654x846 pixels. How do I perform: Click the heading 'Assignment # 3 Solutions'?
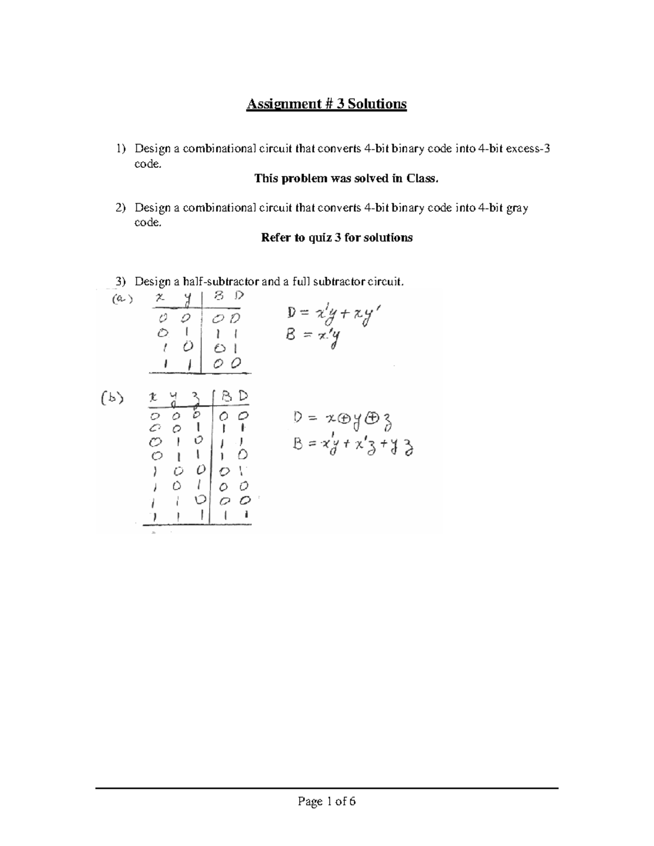[326, 104]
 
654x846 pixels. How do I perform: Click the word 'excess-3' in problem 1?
[528, 149]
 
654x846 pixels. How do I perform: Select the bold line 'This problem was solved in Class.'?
[346, 178]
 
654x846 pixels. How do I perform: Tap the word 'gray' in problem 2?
[517, 208]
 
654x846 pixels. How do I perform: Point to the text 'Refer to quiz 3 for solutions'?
[337, 238]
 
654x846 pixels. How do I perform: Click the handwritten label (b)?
[112, 398]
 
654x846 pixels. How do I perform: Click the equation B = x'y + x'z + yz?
[352, 447]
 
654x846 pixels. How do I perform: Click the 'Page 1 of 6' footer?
[326, 801]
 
